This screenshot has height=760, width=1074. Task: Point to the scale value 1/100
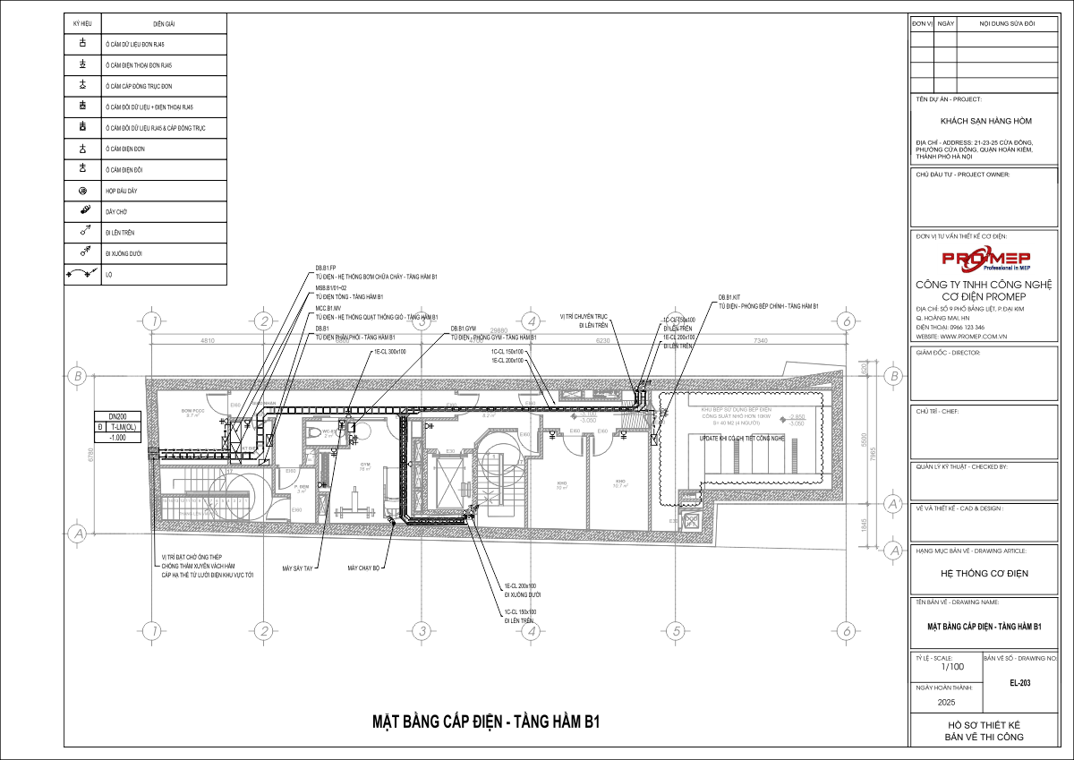(952, 667)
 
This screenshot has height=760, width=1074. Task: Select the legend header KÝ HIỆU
(82, 23)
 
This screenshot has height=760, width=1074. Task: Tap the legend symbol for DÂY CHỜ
(82, 211)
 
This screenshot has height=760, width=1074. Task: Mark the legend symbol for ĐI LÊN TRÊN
(82, 233)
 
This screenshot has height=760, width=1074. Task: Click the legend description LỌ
(108, 275)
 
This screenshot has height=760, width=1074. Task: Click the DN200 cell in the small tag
(117, 417)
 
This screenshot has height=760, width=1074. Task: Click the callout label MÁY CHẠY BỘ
(365, 568)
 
